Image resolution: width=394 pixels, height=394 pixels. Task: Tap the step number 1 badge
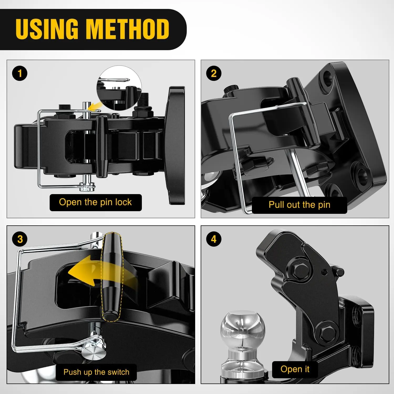click(x=20, y=73)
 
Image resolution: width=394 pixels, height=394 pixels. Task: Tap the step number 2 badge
click(x=214, y=73)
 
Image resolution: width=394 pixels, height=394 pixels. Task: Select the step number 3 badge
click(x=20, y=239)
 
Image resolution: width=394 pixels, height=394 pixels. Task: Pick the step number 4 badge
click(x=214, y=239)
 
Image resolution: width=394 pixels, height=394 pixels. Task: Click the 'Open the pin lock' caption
click(x=96, y=203)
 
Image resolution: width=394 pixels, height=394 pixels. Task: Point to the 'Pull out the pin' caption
click(x=299, y=205)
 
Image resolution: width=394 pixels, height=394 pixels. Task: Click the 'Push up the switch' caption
click(x=96, y=372)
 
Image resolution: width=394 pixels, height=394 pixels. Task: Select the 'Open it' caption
click(x=295, y=369)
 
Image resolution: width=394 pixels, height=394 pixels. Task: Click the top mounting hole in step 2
click(x=327, y=77)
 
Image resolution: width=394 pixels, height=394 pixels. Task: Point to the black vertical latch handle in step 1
click(x=102, y=146)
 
